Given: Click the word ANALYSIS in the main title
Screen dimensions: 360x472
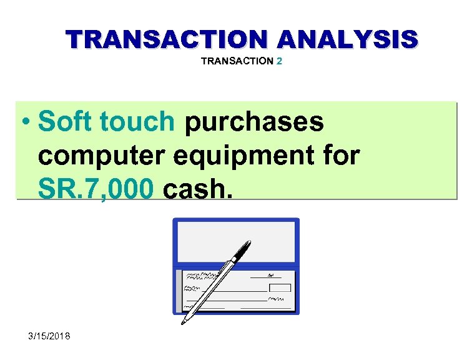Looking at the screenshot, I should click(x=348, y=39).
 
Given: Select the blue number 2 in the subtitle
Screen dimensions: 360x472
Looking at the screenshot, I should click(x=279, y=61).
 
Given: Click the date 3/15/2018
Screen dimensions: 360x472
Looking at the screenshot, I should click(x=50, y=336).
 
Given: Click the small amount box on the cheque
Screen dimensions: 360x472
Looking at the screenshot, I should click(x=280, y=288).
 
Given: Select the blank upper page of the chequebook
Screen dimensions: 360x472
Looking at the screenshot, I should click(x=236, y=241).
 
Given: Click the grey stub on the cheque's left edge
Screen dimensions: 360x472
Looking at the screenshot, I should click(x=179, y=291).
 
